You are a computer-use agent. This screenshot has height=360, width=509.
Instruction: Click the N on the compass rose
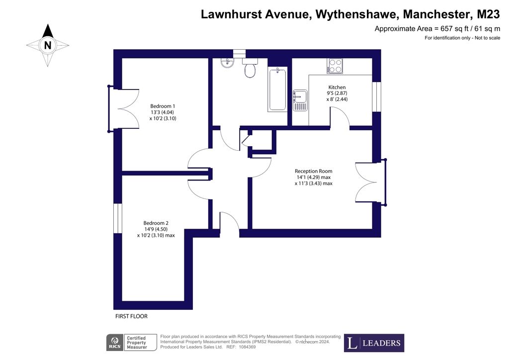pyautogui.click(x=48, y=45)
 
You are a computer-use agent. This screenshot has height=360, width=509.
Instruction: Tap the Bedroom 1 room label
pyautogui.click(x=163, y=106)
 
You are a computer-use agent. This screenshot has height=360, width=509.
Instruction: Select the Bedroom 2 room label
pyautogui.click(x=156, y=223)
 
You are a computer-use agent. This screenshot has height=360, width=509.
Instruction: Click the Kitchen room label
pyautogui.click(x=337, y=88)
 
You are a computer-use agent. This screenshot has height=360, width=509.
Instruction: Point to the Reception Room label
pyautogui.click(x=314, y=171)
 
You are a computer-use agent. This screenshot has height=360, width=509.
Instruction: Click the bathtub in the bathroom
pyautogui.click(x=277, y=90)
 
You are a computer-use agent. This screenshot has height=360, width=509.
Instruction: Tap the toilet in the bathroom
pyautogui.click(x=250, y=68)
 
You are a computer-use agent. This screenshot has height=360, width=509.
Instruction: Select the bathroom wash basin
pyautogui.click(x=227, y=63)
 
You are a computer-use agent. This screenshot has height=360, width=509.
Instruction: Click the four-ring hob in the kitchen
pyautogui.click(x=335, y=66)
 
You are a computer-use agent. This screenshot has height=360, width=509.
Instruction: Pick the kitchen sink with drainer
pyautogui.click(x=300, y=100)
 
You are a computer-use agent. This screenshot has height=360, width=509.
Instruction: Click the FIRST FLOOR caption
pyautogui.click(x=131, y=316)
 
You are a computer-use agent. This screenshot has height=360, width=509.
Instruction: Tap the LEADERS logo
pyautogui.click(x=374, y=343)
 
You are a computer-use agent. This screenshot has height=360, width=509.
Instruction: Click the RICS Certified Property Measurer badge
pyautogui.click(x=131, y=343)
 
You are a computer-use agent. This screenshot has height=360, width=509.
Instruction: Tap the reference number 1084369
pyautogui.click(x=248, y=347)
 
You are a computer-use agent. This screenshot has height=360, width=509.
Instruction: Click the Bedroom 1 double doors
pyautogui.click(x=124, y=109)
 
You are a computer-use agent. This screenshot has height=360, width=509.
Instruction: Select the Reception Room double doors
pyautogui.click(x=371, y=182)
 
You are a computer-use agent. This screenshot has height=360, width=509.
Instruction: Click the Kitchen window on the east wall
pyautogui.click(x=377, y=97)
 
